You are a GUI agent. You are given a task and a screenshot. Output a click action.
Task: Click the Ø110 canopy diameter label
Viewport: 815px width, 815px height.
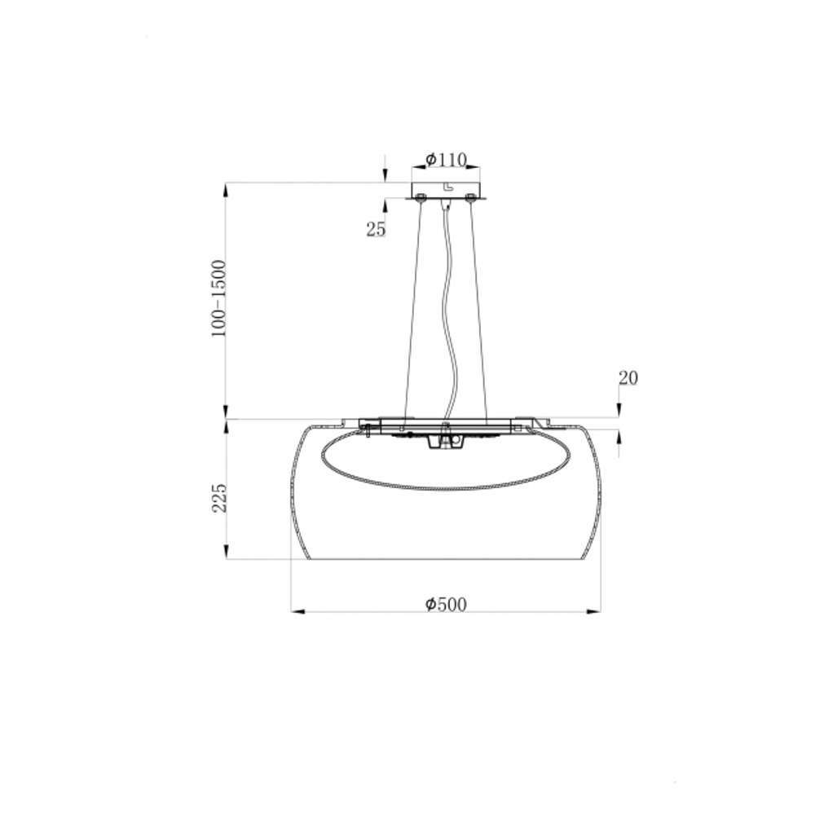tap(446, 160)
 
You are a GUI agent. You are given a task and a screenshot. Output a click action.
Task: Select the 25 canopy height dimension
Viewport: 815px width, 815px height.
tap(377, 229)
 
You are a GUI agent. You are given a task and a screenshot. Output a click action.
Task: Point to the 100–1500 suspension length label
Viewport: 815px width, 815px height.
tap(218, 298)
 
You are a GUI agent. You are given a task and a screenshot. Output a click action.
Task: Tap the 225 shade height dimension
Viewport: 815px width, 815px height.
tap(219, 498)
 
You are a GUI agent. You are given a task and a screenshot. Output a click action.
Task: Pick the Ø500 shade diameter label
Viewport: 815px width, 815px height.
tap(446, 605)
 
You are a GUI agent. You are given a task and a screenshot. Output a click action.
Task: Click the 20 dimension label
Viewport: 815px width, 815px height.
tap(628, 378)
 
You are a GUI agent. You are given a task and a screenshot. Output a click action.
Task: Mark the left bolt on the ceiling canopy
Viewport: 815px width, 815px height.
tap(420, 197)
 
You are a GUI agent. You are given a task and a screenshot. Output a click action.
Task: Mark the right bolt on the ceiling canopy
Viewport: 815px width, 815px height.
tap(471, 197)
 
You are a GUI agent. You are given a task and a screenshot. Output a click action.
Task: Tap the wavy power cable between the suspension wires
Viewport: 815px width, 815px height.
tap(449, 312)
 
